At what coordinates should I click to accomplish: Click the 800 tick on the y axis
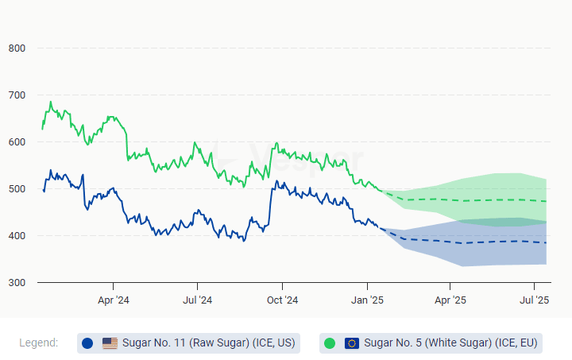pyautogui.click(x=17, y=48)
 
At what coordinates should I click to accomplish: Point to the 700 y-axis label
pyautogui.click(x=17, y=95)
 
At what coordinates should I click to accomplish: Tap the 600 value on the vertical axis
pyautogui.click(x=17, y=142)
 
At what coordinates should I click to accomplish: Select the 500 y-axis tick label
pyautogui.click(x=17, y=189)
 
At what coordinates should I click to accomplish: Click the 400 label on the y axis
pyautogui.click(x=17, y=236)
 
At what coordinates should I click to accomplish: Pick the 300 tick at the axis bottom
pyautogui.click(x=17, y=283)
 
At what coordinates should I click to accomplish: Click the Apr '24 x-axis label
pyautogui.click(x=113, y=300)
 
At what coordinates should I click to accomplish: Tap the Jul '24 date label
pyautogui.click(x=197, y=300)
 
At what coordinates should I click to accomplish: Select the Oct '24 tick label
pyautogui.click(x=282, y=300)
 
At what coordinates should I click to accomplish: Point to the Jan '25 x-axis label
pyautogui.click(x=367, y=300)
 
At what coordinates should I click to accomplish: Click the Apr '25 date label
pyautogui.click(x=450, y=300)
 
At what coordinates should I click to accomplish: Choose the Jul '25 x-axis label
pyautogui.click(x=535, y=300)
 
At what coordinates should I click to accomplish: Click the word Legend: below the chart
pyautogui.click(x=39, y=343)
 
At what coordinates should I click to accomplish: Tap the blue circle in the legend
pyautogui.click(x=87, y=343)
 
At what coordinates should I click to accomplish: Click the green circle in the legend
pyautogui.click(x=330, y=343)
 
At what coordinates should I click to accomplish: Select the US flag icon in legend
pyautogui.click(x=110, y=343)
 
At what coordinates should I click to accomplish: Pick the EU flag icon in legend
pyautogui.click(x=352, y=343)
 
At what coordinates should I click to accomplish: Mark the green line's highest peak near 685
pyautogui.click(x=51, y=102)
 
